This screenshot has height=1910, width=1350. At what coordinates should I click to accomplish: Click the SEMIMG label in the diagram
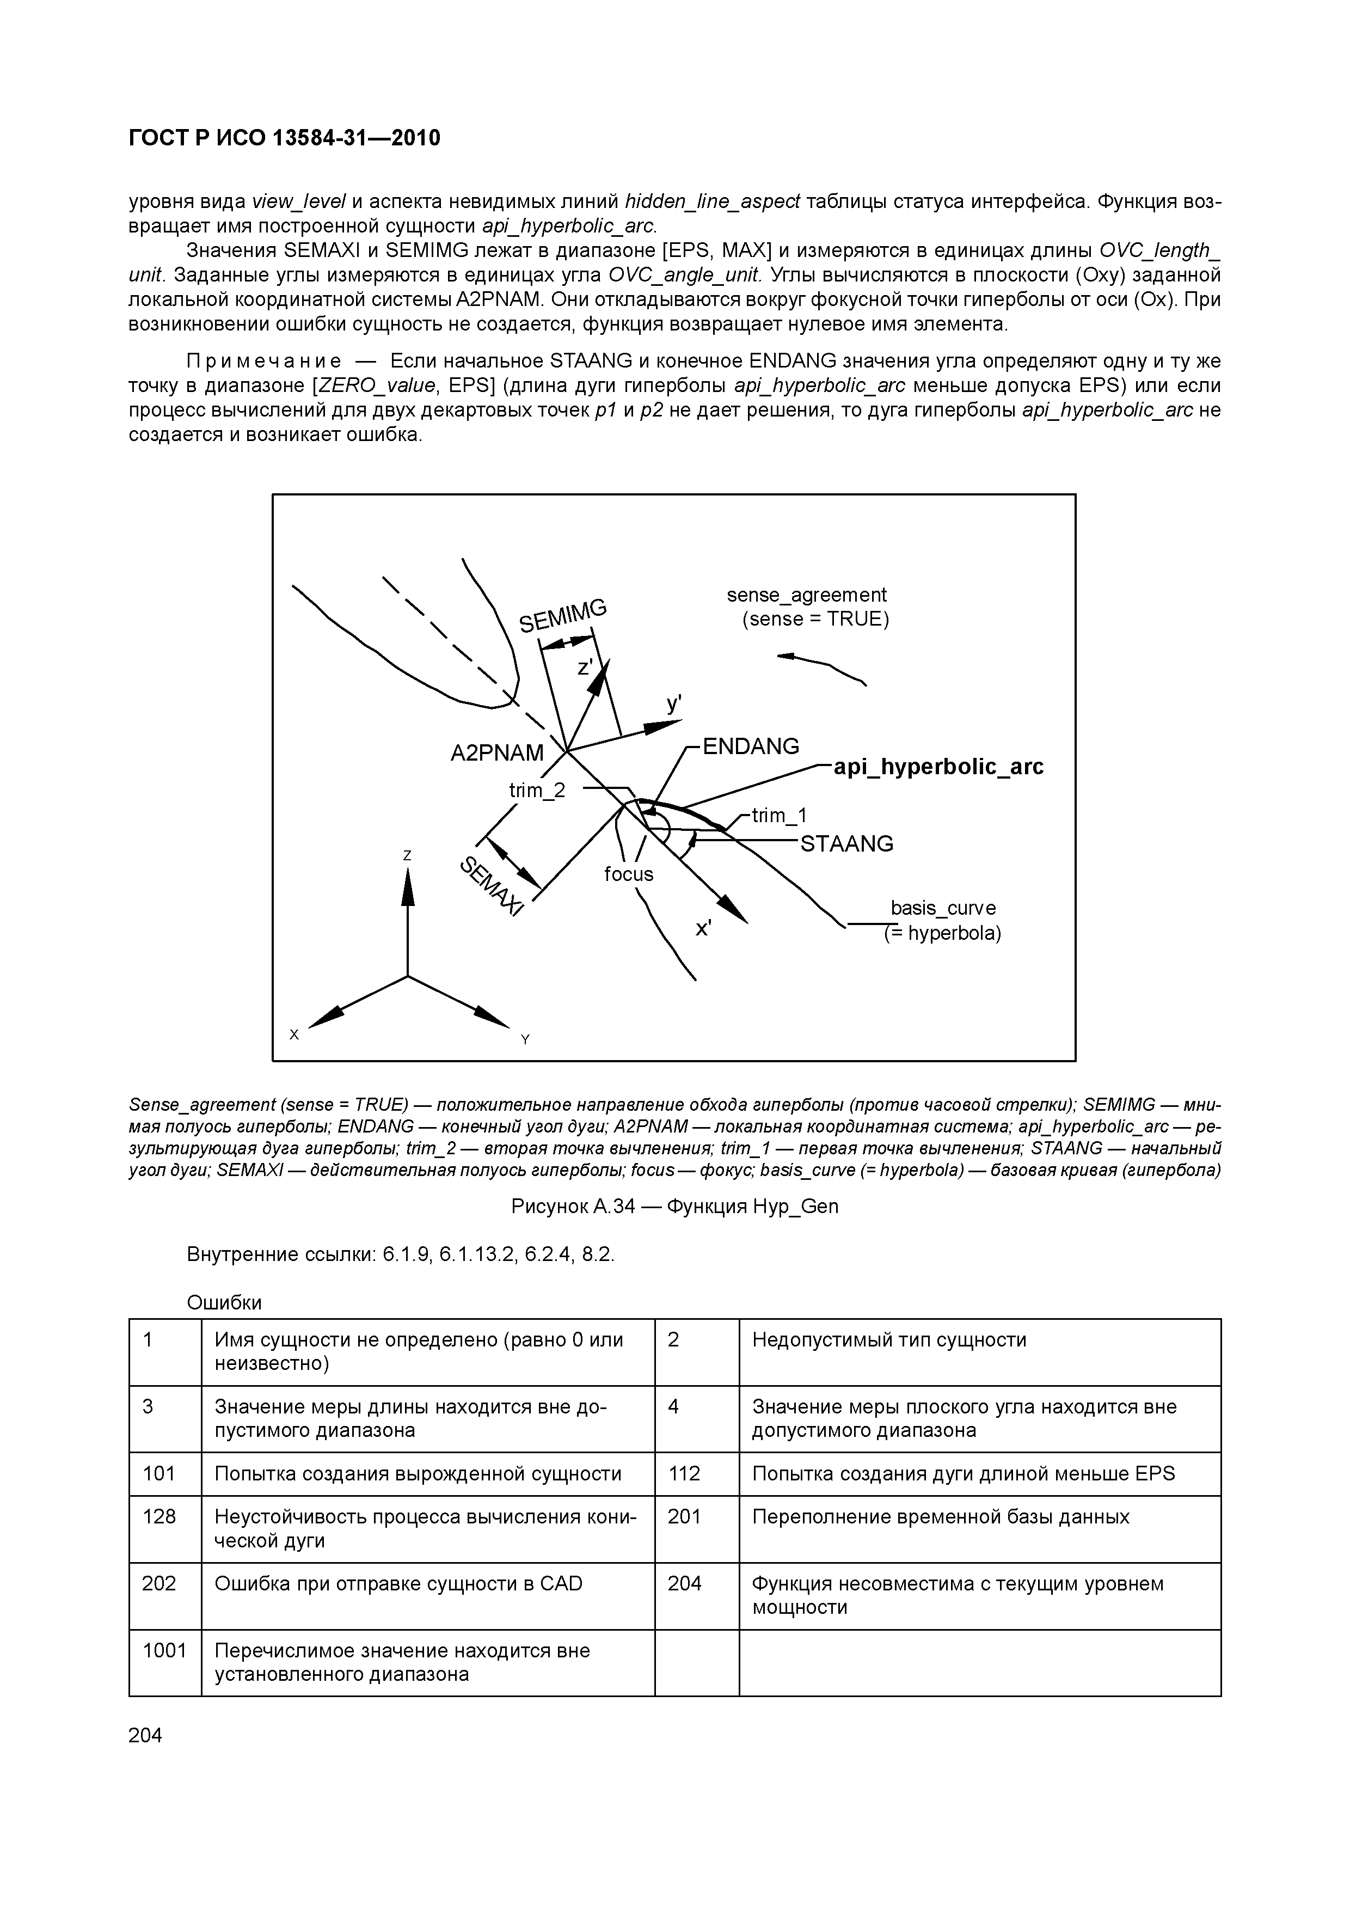click(x=563, y=616)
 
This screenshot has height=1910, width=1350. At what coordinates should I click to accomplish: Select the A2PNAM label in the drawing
click(x=496, y=753)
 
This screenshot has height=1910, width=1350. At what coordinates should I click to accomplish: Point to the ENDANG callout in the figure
click(x=750, y=746)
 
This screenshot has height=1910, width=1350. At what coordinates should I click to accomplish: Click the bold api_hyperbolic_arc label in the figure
click(x=938, y=767)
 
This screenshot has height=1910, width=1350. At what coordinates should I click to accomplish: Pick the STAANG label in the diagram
click(x=846, y=844)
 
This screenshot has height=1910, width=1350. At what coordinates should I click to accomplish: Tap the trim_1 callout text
click(x=780, y=816)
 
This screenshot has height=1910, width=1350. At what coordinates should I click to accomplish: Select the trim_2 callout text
click(x=537, y=790)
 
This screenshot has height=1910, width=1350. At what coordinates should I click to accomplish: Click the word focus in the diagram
click(x=629, y=874)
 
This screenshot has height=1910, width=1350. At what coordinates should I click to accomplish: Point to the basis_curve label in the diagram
click(x=942, y=908)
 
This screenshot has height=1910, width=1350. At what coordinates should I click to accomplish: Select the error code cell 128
click(x=159, y=1516)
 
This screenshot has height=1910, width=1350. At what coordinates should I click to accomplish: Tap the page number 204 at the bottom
click(x=145, y=1735)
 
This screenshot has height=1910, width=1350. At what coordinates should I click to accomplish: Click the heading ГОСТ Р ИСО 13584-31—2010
click(x=285, y=138)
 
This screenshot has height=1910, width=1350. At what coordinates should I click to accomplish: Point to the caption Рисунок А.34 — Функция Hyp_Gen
click(x=674, y=1206)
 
